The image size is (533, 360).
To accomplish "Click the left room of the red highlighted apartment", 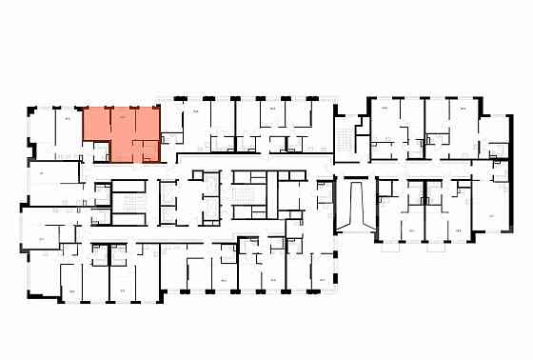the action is (x=95, y=128).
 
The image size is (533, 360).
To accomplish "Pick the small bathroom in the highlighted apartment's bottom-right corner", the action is (x=150, y=150).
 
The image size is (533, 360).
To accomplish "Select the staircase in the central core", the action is (x=251, y=194).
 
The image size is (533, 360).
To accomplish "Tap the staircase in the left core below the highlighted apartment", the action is (x=127, y=201).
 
